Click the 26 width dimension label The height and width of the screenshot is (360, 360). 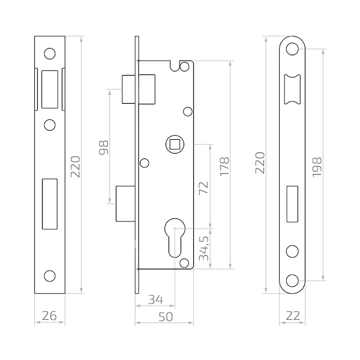tap(49, 316)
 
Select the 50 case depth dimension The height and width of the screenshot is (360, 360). tap(166, 317)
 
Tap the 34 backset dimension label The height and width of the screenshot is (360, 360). tap(155, 299)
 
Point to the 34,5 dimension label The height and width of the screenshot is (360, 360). tap(204, 248)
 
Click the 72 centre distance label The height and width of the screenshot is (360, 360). tap(203, 188)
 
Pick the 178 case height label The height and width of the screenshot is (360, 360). tap(224, 167)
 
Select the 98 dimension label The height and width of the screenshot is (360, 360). tap(104, 148)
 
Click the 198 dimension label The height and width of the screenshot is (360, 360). tap(317, 167)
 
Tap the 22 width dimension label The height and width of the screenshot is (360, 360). tap(293, 316)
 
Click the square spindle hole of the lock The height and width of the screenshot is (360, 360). tap(175, 145)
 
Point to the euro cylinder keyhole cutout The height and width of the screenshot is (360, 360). tap(175, 238)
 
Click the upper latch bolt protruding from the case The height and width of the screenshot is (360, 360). tap(139, 89)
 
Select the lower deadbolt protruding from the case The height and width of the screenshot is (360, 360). tap(125, 203)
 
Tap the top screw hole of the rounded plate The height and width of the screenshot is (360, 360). tap(292, 49)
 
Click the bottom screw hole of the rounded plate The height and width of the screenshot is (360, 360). tap(292, 281)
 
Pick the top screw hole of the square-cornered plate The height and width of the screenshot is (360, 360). tap(50, 54)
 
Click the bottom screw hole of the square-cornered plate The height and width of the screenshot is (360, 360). tap(50, 276)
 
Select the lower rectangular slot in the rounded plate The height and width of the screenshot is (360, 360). tap(292, 204)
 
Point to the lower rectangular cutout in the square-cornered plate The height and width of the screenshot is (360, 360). tap(50, 204)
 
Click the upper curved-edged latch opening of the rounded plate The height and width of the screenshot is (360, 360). tap(292, 89)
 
